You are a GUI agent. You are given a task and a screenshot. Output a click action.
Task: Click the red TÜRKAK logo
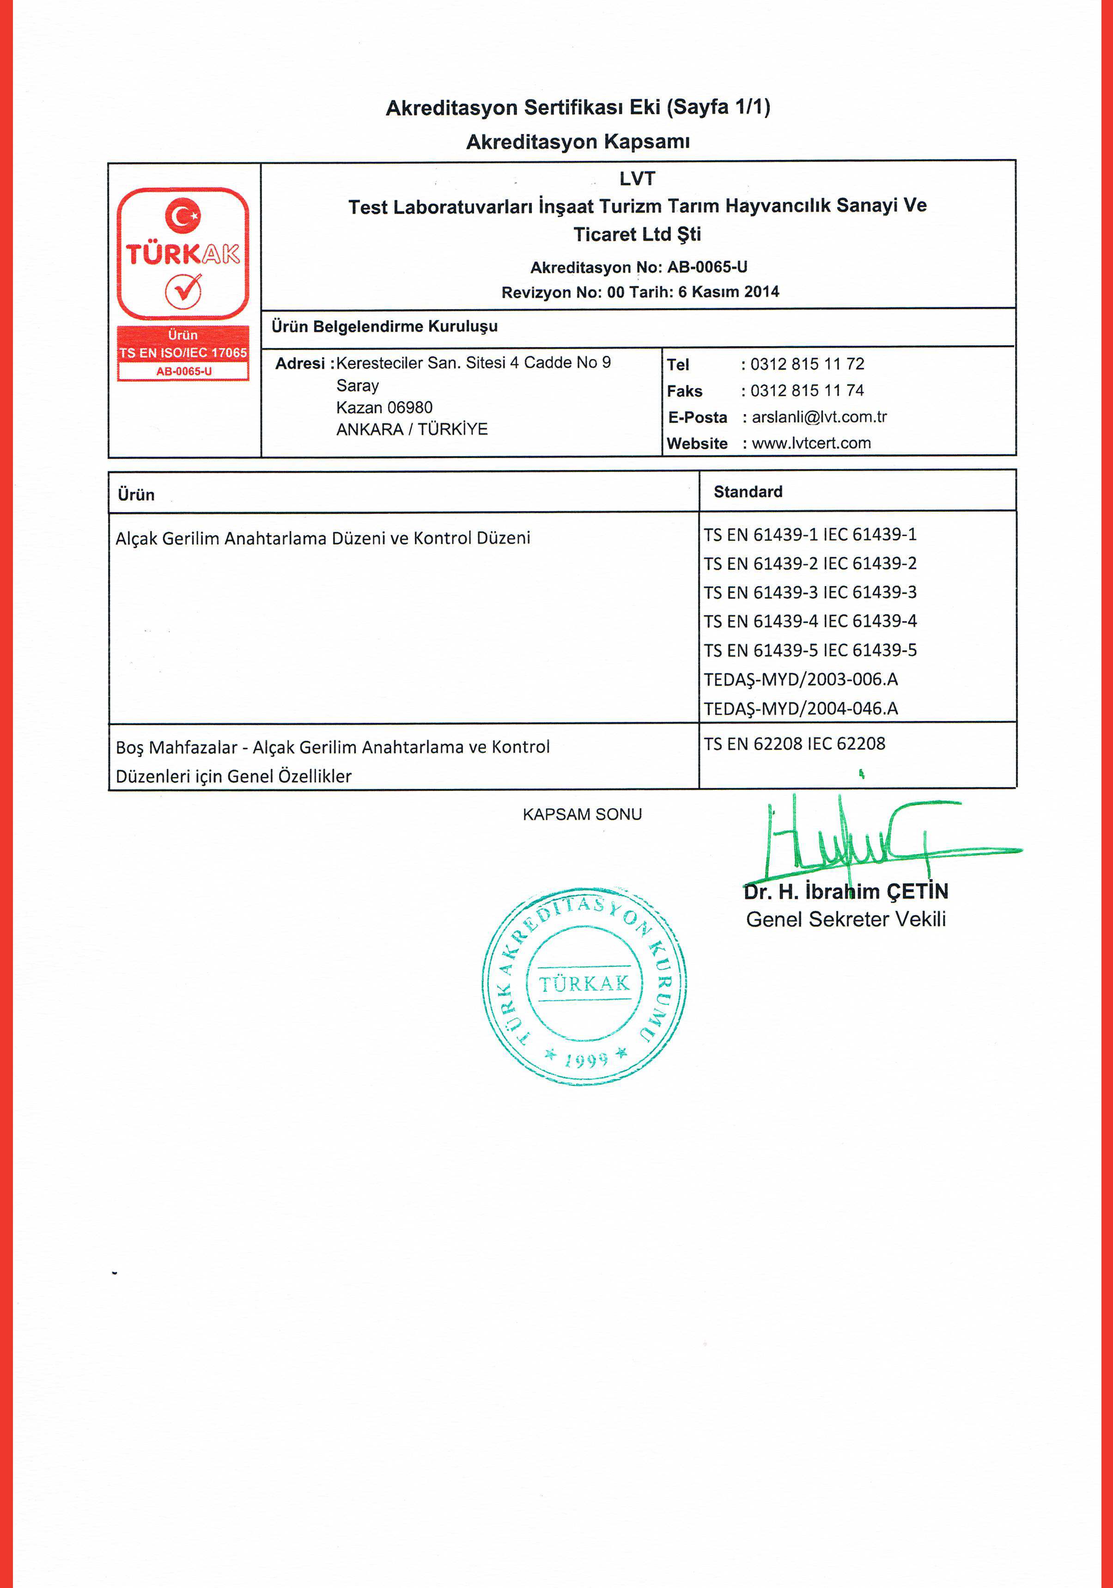pos(183,253)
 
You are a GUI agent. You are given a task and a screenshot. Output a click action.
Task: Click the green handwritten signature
pos(871,840)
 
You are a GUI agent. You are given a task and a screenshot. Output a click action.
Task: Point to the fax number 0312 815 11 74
pos(807,391)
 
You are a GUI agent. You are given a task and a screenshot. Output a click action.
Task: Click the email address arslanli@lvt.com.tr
pos(819,417)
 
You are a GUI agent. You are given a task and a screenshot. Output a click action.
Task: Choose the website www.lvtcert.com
pos(811,443)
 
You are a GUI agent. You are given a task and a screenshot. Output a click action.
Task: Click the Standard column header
pos(748,492)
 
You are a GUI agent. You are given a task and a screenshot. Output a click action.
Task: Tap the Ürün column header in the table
pos(136,495)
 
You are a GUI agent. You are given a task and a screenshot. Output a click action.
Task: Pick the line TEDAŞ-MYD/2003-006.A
pos(801,680)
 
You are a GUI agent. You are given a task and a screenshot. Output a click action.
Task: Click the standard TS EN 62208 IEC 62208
pos(794,744)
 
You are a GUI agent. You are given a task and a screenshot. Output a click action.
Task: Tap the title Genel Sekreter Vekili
pos(845,920)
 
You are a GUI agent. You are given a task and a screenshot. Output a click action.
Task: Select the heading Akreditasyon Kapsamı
pos(578,142)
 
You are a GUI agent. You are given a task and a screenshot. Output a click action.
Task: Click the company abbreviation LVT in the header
pos(637,178)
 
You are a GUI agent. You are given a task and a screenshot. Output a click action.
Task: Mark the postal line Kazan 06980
pos(384,407)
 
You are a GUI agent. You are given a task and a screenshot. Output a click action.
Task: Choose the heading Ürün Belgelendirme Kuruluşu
pos(384,326)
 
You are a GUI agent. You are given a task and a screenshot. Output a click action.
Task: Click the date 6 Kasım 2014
pos(729,292)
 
